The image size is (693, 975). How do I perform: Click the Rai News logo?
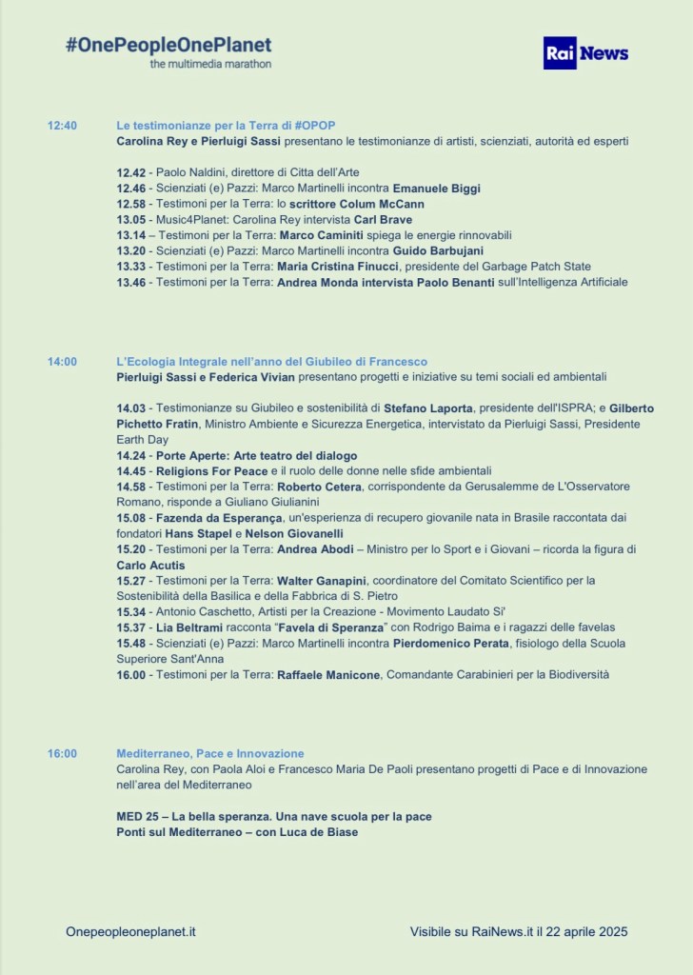(x=586, y=53)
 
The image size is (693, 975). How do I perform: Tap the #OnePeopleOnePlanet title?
(x=168, y=45)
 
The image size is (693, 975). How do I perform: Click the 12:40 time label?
(x=63, y=126)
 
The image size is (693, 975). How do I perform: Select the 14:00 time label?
(x=63, y=362)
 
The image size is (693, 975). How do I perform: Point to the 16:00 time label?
(x=63, y=753)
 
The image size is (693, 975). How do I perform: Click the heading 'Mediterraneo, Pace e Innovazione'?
(x=210, y=753)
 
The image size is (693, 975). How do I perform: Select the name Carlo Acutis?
(x=151, y=565)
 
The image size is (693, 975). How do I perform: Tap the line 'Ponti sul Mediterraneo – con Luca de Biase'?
(x=237, y=832)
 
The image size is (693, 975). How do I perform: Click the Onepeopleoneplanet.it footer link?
(x=131, y=931)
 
